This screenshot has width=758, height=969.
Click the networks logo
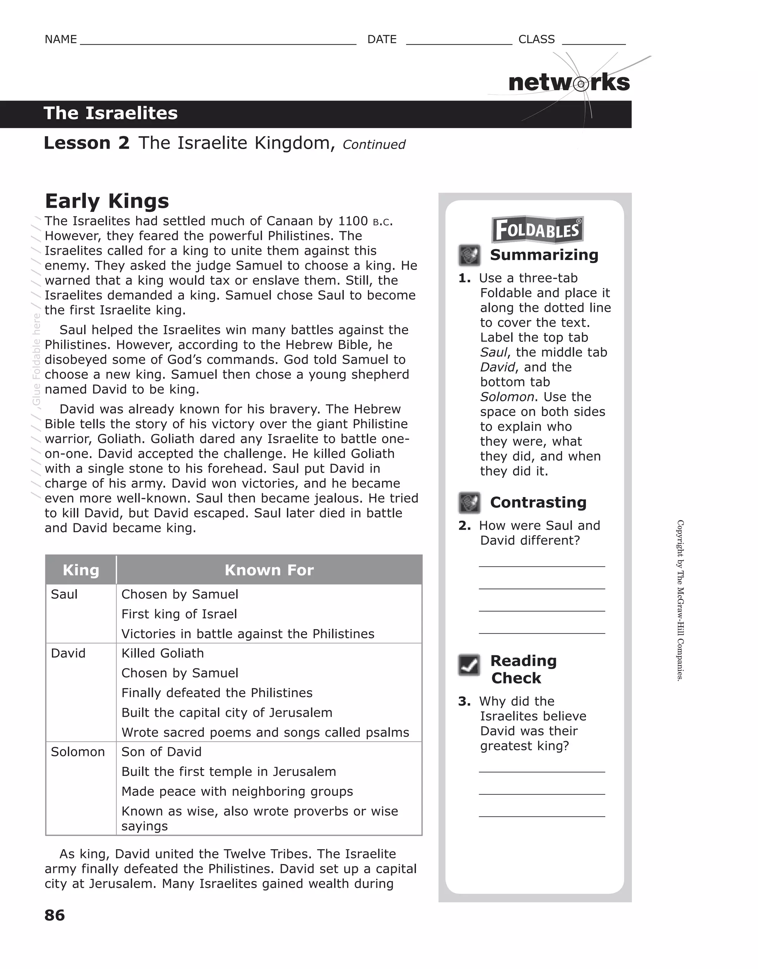click(x=569, y=82)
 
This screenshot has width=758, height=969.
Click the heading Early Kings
click(x=107, y=201)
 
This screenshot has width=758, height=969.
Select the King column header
click(x=81, y=570)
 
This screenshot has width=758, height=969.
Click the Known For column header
click(x=269, y=570)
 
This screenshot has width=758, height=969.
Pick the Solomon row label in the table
click(x=78, y=752)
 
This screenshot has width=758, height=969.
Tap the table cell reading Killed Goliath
click(x=162, y=653)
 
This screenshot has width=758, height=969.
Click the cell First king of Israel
click(x=179, y=614)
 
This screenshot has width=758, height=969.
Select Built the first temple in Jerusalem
click(x=229, y=772)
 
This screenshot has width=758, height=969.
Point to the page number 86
click(x=55, y=915)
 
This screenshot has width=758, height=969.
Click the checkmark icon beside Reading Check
click(x=469, y=665)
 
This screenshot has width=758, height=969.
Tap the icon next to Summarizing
click(x=469, y=255)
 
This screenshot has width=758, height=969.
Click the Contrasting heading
click(x=538, y=502)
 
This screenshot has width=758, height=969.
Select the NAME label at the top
click(x=61, y=40)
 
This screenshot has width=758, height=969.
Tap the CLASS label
click(x=536, y=40)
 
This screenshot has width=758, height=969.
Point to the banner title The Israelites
click(x=111, y=114)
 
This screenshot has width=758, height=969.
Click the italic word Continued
click(x=374, y=145)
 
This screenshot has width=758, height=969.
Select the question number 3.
click(x=464, y=702)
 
